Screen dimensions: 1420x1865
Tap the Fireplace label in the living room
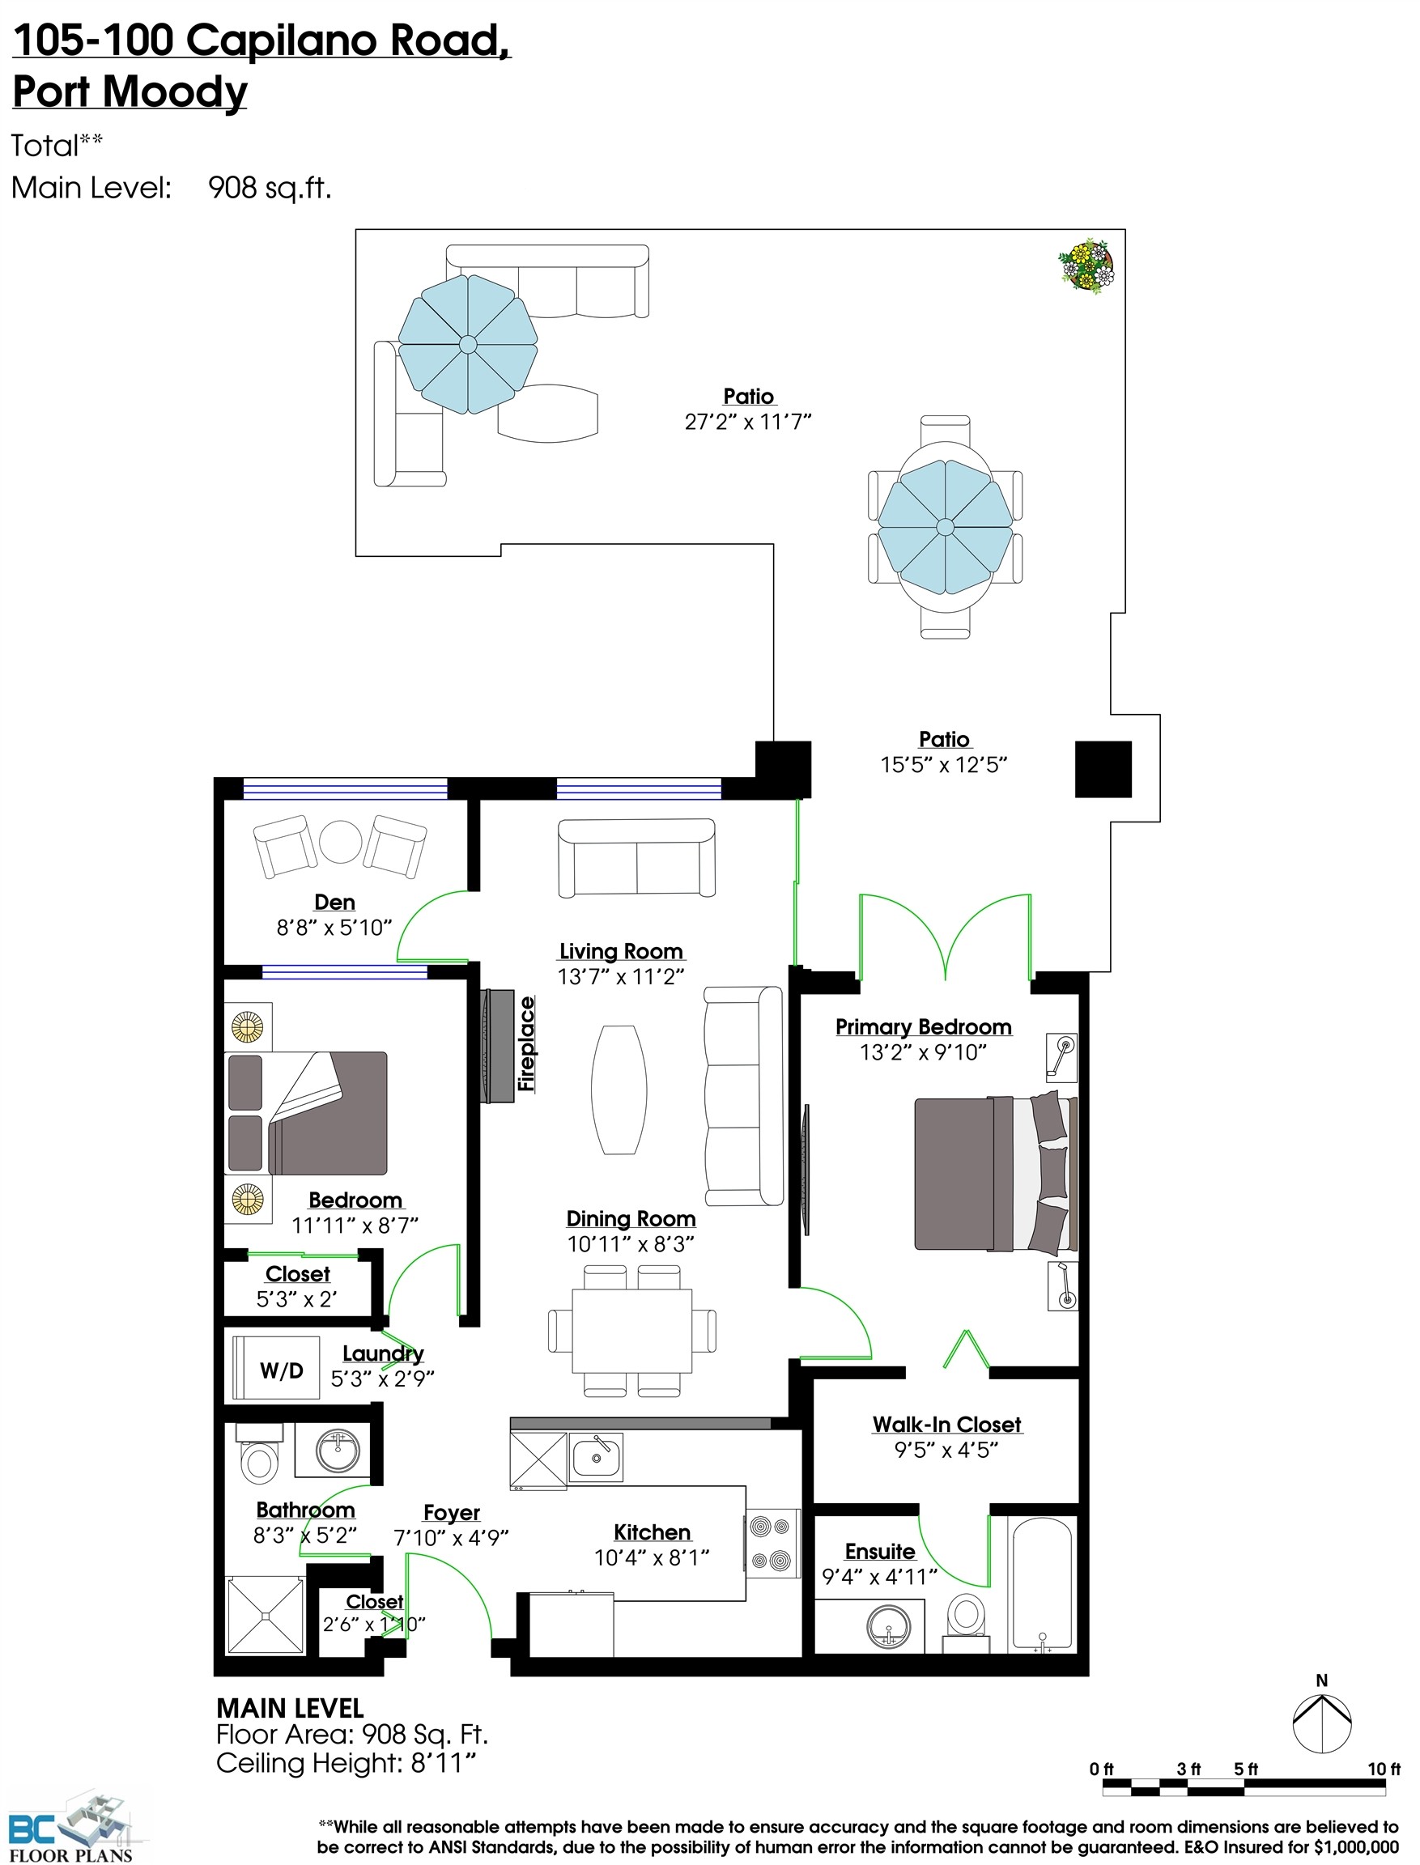point(526,1043)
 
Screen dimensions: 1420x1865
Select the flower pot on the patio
point(1087,267)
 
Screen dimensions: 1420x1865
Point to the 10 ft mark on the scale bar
point(1384,1769)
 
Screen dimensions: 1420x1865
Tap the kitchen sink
point(596,1457)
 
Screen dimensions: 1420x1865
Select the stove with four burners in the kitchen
point(772,1543)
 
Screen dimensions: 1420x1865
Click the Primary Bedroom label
point(923,1026)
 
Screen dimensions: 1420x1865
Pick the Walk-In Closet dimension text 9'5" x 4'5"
point(946,1450)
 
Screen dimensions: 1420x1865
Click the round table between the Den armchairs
point(340,841)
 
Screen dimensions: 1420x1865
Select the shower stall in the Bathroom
point(266,1615)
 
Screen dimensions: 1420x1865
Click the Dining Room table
point(632,1330)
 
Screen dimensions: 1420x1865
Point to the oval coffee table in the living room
point(619,1090)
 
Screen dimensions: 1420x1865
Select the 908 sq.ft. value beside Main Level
point(270,188)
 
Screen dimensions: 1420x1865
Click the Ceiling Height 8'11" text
point(346,1764)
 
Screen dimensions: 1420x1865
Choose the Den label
point(334,903)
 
